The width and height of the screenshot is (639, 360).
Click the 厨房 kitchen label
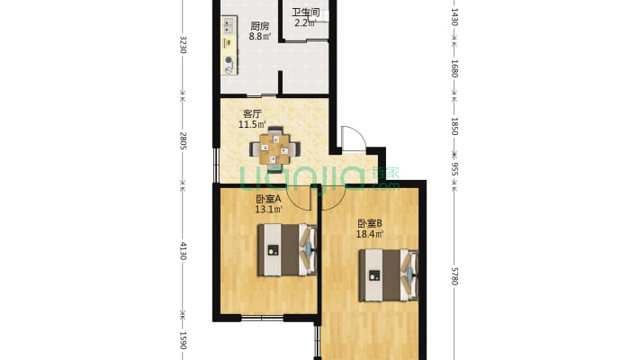point(259,26)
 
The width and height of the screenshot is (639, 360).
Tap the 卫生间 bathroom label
point(305,12)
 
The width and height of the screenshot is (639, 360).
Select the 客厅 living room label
point(252,113)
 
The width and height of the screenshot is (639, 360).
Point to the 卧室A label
point(268,199)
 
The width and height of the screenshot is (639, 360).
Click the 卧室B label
point(370,223)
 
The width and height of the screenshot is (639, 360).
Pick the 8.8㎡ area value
point(260,36)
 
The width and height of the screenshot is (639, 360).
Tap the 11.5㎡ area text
point(252,124)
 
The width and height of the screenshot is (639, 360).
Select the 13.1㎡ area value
point(268,210)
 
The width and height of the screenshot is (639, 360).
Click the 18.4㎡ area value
point(370,234)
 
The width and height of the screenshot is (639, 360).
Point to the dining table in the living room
point(274,149)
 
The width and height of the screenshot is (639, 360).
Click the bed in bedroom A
point(287,249)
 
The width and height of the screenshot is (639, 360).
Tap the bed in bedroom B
point(389,275)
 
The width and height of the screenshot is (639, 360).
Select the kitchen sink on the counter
point(229,24)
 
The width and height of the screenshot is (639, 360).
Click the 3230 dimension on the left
point(183,44)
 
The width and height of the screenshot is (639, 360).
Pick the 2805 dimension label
point(183,140)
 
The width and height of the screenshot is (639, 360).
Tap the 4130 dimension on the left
point(183,251)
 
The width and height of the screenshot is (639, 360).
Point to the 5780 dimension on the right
point(454,276)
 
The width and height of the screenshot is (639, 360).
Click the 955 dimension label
point(454,169)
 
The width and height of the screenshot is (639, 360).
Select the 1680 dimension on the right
point(454,68)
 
